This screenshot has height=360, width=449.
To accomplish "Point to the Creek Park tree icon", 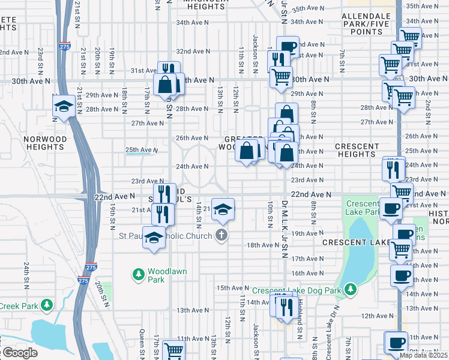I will coord(47,306).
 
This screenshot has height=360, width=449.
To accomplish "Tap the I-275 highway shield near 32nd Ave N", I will coord(65,45).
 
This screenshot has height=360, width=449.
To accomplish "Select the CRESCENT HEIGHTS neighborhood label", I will coord(357,150).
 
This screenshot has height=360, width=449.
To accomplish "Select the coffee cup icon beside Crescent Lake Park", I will coord(391,208).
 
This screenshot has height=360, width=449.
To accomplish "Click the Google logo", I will coord(19,353).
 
